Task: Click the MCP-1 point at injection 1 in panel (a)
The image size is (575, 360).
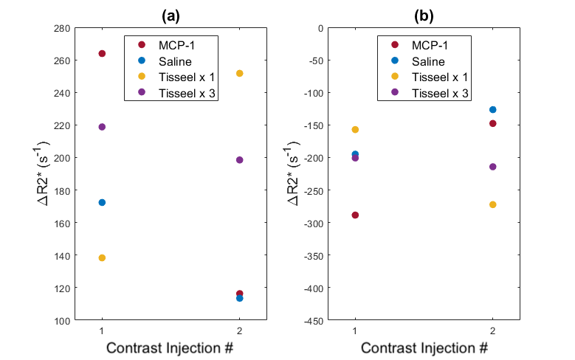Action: click(x=102, y=54)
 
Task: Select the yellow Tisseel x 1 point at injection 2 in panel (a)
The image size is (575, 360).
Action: click(x=239, y=73)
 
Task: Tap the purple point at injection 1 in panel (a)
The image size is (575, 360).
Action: click(x=102, y=127)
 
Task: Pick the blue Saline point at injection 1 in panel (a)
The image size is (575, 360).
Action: click(x=102, y=202)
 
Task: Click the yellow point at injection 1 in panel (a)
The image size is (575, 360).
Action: click(x=102, y=257)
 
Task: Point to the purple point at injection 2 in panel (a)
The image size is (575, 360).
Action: click(x=239, y=160)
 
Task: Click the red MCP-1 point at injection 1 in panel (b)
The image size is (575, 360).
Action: click(x=355, y=215)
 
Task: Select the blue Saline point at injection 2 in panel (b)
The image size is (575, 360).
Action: click(x=492, y=110)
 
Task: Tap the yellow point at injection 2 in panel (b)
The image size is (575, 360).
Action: click(x=492, y=204)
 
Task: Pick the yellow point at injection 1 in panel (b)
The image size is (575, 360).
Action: click(x=355, y=129)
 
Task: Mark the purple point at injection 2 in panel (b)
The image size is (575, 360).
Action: click(x=492, y=167)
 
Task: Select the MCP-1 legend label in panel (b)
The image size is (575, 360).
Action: click(x=430, y=46)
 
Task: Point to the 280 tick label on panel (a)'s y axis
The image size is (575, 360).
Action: click(x=62, y=28)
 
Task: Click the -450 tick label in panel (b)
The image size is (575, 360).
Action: click(x=314, y=321)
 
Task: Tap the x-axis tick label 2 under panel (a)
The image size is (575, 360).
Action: click(x=239, y=330)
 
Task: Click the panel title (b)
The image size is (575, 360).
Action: click(x=424, y=15)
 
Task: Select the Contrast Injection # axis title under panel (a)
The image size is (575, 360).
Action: click(x=170, y=347)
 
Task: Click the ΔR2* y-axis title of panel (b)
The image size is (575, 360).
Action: click(x=292, y=173)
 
